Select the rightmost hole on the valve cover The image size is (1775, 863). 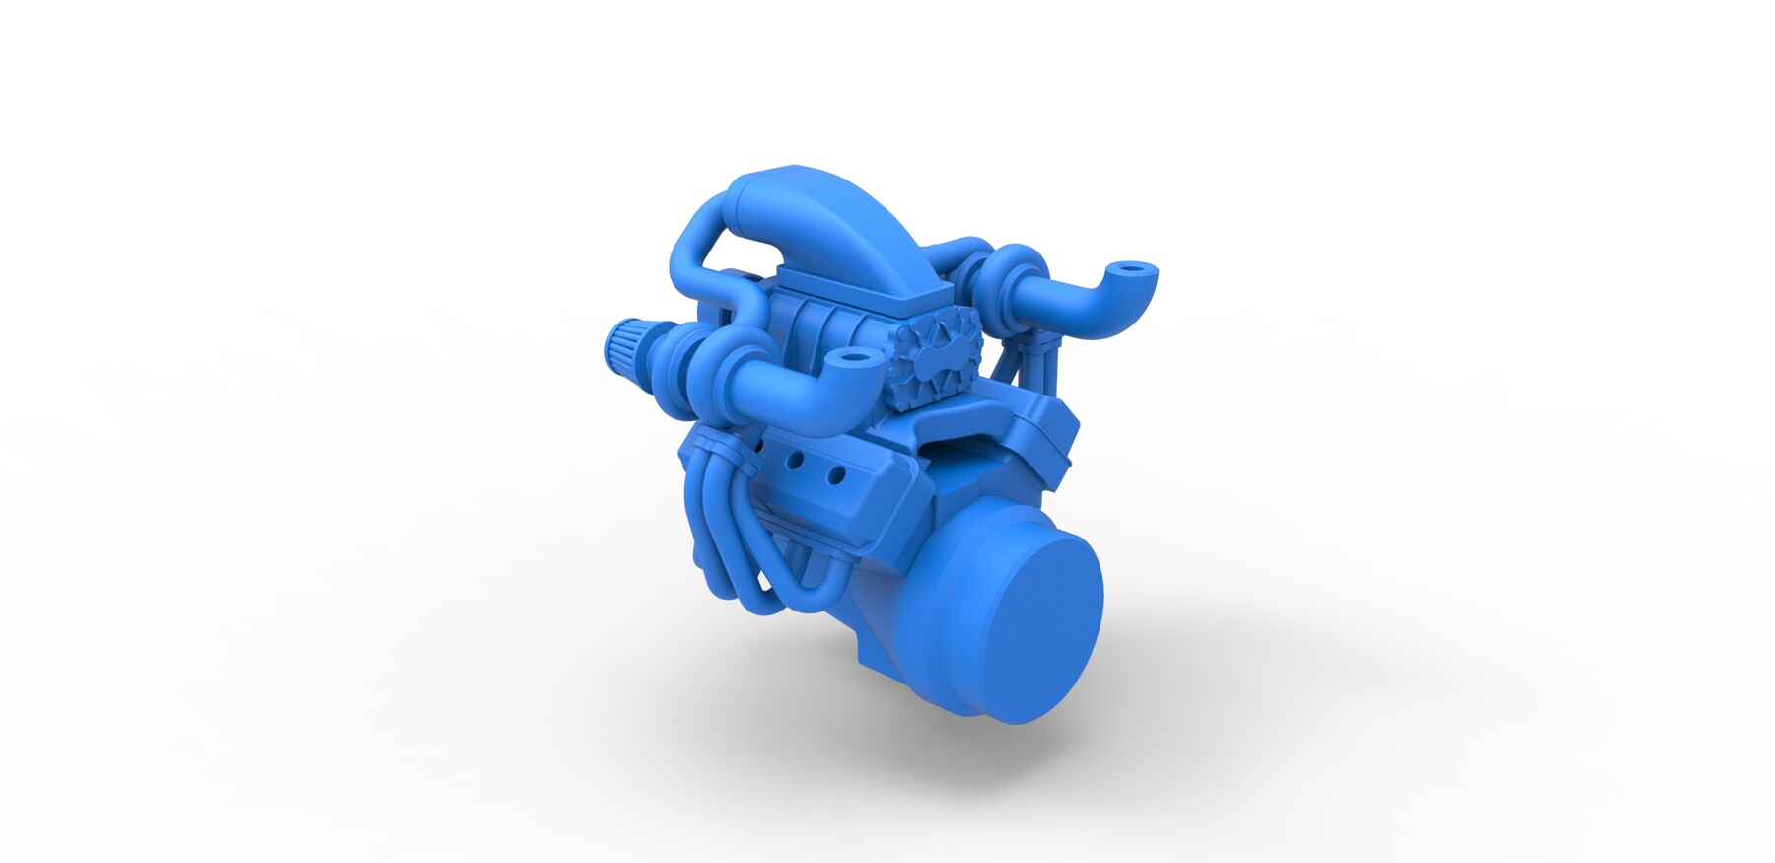836,476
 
